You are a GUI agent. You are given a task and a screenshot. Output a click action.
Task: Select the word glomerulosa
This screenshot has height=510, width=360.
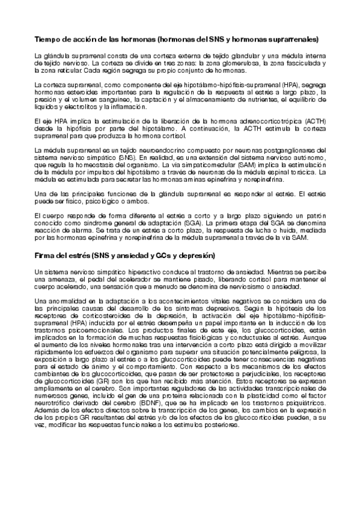point(228,63)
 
